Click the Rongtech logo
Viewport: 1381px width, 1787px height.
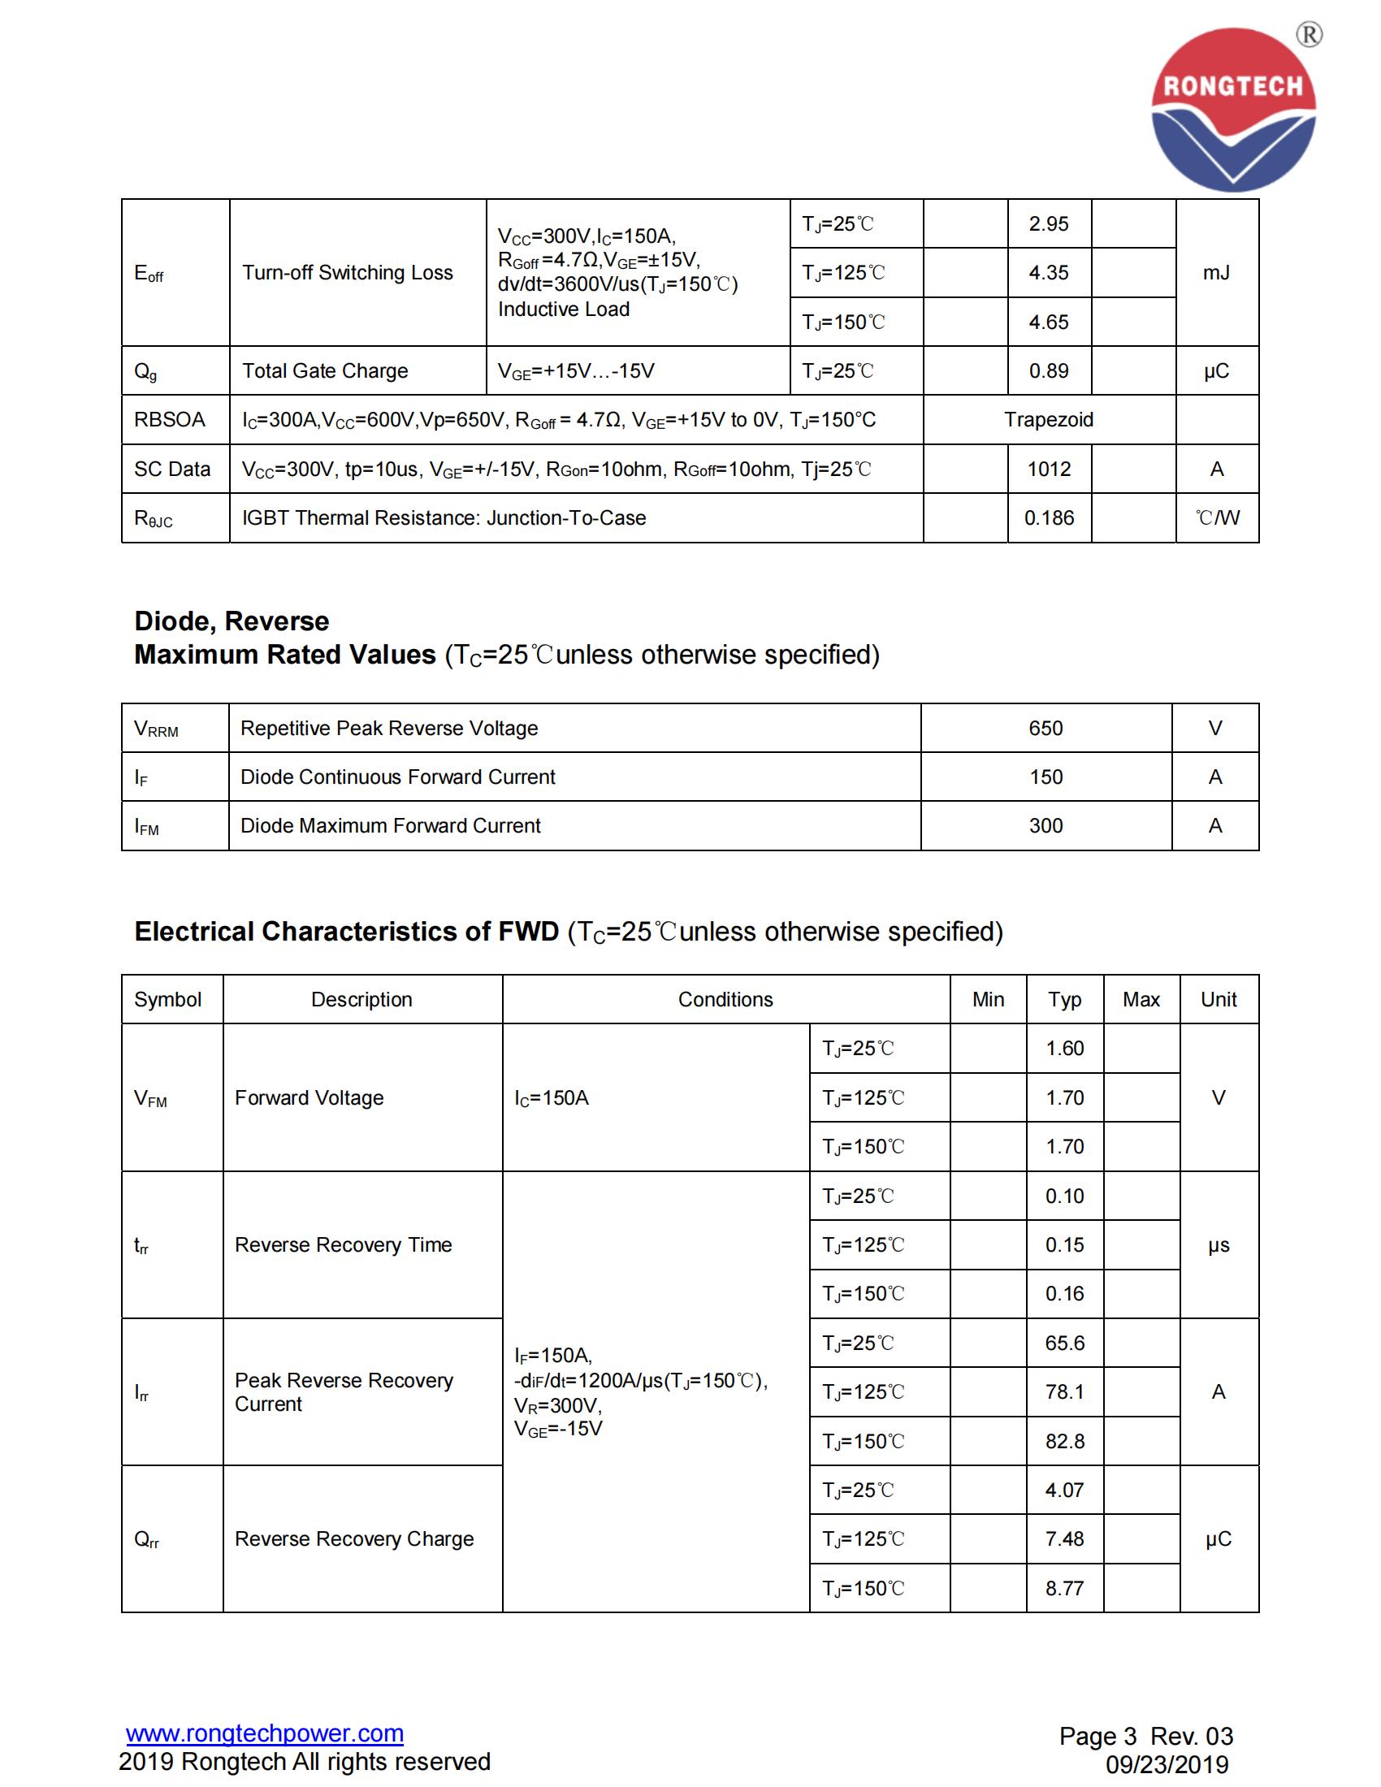[1233, 110]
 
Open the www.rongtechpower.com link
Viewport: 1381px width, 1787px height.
[264, 1733]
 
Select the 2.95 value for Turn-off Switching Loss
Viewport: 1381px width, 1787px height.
[1049, 224]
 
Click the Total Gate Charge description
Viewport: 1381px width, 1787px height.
[325, 370]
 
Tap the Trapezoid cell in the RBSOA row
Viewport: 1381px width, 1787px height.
[1049, 420]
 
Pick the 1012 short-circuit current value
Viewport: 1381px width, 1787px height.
[1049, 469]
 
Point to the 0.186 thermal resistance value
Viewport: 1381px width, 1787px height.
[1049, 518]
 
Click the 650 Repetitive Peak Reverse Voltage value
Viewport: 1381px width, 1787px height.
[1045, 729]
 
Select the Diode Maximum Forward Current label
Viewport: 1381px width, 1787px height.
[390, 825]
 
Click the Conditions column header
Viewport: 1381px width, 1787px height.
[725, 999]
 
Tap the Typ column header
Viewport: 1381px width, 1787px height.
[1064, 999]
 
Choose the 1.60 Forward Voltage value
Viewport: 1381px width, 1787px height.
[1064, 1048]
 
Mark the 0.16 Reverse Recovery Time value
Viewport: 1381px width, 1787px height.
[1064, 1294]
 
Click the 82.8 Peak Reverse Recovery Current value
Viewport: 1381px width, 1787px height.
[1064, 1441]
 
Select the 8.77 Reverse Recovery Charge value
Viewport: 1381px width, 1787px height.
[1064, 1588]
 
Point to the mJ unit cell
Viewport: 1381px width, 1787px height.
[1217, 272]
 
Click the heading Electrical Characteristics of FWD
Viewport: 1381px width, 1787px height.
[346, 931]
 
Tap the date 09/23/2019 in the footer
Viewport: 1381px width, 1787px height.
[1167, 1764]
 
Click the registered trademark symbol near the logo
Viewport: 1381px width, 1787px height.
[1309, 34]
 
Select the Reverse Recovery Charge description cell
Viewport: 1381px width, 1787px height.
[354, 1538]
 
